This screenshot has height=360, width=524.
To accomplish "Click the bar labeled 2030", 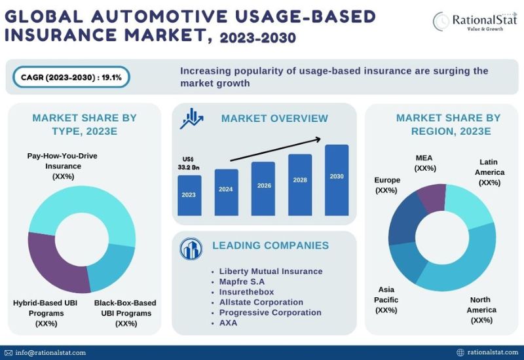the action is click(337, 180).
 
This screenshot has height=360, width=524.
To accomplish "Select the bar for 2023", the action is click(189, 195).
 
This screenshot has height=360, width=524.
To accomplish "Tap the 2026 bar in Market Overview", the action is click(263, 189).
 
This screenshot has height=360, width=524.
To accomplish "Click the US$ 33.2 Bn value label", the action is click(189, 163).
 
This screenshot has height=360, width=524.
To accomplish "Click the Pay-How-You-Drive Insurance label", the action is click(62, 166).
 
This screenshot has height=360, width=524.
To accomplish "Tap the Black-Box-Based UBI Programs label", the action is click(126, 314).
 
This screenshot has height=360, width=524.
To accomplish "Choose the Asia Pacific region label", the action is click(386, 300).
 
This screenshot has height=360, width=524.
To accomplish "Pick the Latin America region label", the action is click(489, 172).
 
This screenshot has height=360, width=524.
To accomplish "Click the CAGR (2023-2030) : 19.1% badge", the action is click(71, 77).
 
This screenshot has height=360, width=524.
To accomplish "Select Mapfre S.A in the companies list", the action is click(242, 281).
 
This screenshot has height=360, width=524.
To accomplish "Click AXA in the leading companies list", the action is click(228, 323).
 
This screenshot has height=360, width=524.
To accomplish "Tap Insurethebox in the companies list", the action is click(247, 292).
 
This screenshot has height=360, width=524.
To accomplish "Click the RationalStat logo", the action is click(475, 22).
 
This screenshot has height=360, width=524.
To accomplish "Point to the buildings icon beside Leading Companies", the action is click(191, 249).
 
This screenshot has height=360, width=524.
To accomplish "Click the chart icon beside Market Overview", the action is click(191, 118).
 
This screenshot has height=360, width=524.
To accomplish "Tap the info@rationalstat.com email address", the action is click(50, 353).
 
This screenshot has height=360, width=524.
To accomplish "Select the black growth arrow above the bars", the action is click(276, 149).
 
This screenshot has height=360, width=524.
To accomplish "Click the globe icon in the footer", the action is click(460, 352).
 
